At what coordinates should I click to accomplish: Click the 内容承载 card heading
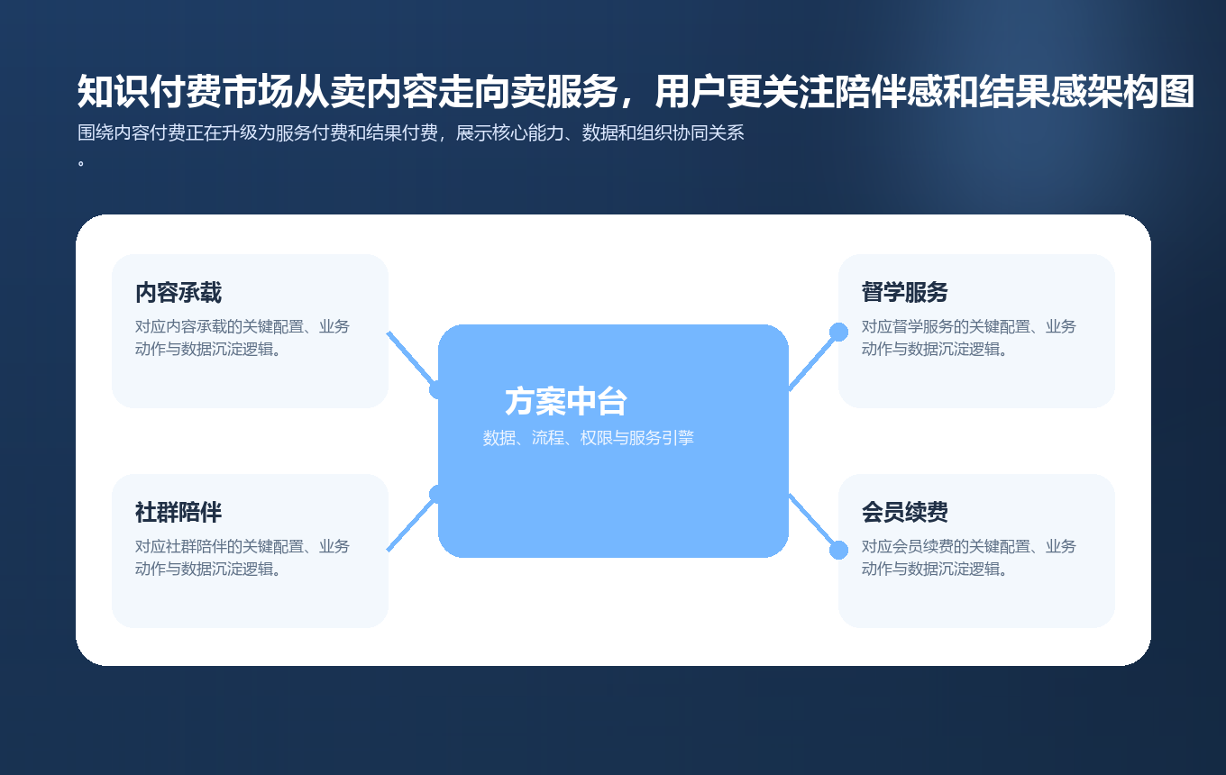178,293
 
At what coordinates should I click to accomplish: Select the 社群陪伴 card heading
178,513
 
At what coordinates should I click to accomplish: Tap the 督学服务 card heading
904,293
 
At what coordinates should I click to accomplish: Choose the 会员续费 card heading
904,513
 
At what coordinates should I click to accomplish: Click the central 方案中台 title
565,402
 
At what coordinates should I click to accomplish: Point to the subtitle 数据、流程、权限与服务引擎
588,439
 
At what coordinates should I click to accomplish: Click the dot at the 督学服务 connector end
838,332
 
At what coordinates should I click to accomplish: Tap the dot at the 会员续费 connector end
838,550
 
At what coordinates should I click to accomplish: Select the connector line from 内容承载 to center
411,359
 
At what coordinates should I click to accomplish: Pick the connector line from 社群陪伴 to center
411,524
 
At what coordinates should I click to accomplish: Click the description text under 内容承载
242,338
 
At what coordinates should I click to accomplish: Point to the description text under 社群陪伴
242,558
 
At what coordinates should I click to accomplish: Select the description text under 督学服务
968,338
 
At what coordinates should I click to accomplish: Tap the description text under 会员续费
968,558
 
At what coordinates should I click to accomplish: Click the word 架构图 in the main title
1141,92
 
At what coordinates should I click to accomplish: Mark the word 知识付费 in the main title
149,92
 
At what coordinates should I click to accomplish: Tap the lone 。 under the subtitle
81,164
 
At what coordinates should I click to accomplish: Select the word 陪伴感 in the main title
890,92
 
